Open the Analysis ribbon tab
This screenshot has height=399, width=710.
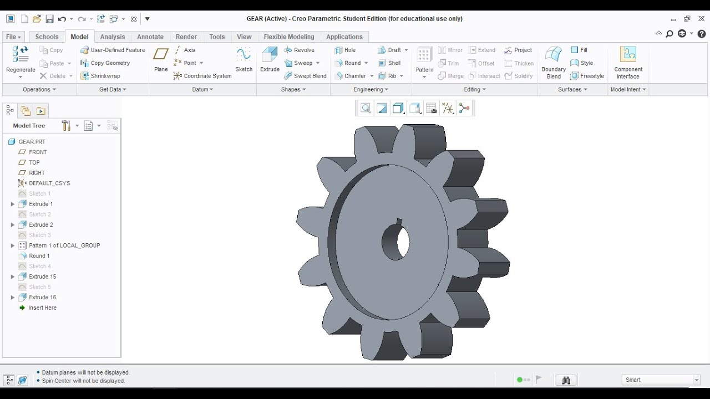coord(113,37)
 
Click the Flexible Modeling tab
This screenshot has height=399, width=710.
coord(288,37)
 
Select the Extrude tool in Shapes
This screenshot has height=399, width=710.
coord(270,59)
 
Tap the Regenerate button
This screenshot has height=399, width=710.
coord(21,60)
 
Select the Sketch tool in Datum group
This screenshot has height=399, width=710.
coord(244,59)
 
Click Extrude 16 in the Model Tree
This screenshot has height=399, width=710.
coord(42,297)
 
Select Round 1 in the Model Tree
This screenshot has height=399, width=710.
coord(39,255)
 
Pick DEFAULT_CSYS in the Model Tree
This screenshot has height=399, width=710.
coord(49,183)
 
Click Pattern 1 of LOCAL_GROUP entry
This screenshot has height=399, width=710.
coord(64,245)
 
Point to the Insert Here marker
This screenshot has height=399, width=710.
coord(42,308)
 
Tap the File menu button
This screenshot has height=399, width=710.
coord(13,37)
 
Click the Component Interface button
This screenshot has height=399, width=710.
coord(628,62)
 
